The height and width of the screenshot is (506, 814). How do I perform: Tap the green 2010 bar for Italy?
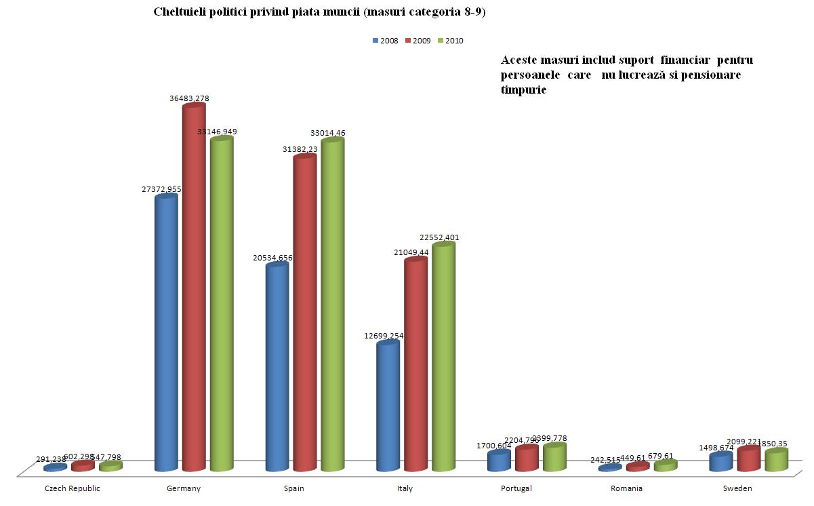click(x=443, y=357)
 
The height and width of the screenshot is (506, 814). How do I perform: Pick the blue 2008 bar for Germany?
click(x=166, y=333)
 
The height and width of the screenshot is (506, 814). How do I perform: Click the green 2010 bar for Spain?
click(x=332, y=305)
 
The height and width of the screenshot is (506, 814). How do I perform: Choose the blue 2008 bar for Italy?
click(x=388, y=407)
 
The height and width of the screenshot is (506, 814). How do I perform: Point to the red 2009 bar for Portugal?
click(x=527, y=459)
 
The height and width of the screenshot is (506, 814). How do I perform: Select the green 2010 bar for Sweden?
click(x=776, y=461)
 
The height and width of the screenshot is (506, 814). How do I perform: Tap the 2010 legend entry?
click(x=450, y=41)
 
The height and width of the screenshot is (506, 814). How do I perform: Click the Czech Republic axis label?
click(x=72, y=488)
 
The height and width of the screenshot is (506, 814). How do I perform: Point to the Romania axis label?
click(x=626, y=488)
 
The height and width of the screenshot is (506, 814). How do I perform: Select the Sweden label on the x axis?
click(x=737, y=488)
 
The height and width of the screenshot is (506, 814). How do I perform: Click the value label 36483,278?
click(x=189, y=98)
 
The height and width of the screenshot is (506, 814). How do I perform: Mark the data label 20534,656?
click(x=271, y=258)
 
